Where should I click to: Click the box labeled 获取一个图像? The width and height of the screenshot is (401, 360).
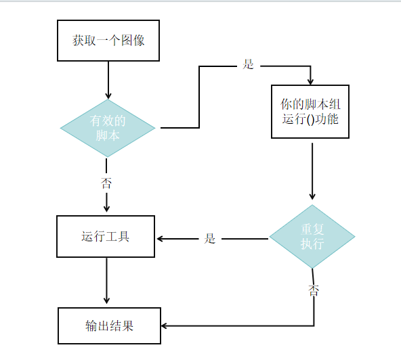point(108,40)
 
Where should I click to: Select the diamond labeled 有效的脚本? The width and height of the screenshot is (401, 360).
point(108,128)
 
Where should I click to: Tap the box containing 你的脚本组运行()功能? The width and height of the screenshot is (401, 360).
point(310,112)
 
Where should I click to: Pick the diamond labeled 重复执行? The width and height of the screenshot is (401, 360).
point(312,237)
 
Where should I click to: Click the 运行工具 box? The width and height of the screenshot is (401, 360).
point(106,236)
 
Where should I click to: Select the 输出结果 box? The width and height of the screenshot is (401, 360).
point(109,325)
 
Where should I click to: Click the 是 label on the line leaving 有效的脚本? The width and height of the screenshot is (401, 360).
point(248,65)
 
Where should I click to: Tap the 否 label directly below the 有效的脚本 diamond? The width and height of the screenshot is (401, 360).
point(106,183)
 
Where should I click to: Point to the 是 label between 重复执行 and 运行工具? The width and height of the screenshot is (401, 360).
point(210,238)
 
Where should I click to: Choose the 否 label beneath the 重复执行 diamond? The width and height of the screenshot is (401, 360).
point(314,290)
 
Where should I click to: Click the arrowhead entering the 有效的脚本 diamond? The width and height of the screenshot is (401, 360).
point(108,95)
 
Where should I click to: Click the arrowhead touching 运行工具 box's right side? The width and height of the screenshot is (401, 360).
point(161,238)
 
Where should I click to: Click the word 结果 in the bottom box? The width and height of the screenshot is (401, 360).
point(122,325)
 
